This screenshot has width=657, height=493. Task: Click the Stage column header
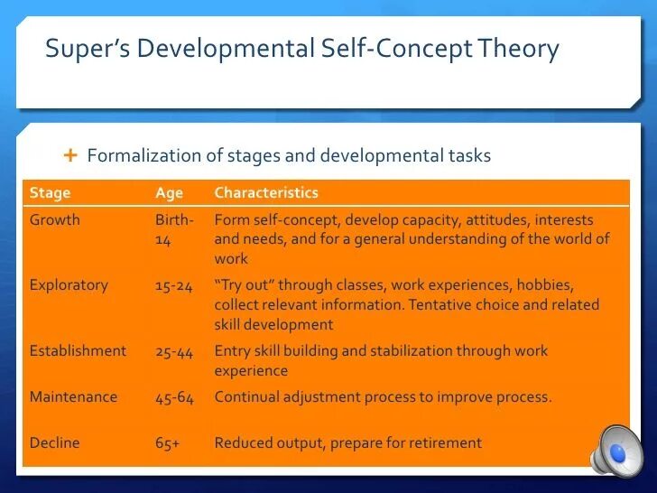pos(50,192)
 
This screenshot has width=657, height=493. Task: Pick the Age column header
pos(169,192)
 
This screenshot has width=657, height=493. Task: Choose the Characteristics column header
pos(266,192)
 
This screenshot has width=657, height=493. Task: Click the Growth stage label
pos(54,219)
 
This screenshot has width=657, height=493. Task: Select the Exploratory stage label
pos(69,284)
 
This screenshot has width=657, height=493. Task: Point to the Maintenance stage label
pos(73,396)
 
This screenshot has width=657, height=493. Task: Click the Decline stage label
pos(54,442)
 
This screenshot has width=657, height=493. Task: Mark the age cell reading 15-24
pos(174,285)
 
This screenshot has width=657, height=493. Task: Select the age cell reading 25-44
pos(174,351)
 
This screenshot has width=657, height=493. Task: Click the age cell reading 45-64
pos(174,397)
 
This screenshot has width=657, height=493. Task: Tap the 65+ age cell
pos(168,442)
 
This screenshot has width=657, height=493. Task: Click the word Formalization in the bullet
pos(143,155)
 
